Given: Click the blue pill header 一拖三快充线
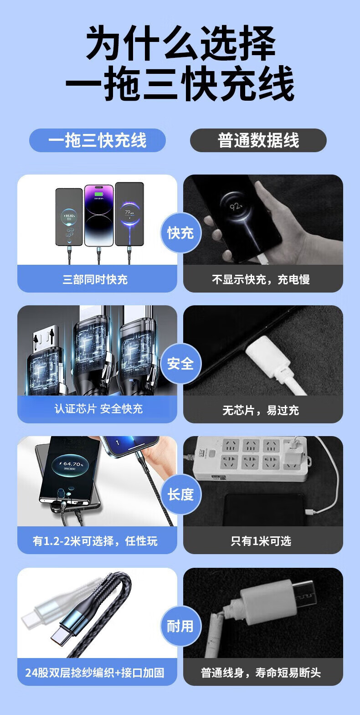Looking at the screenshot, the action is [x=98, y=140].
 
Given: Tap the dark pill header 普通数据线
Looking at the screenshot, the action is [x=258, y=140].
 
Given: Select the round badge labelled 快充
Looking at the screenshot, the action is [x=180, y=233].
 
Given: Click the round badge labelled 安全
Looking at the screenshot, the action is [x=180, y=364].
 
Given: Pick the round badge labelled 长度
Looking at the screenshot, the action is [x=180, y=494].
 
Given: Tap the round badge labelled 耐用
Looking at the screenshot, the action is [x=180, y=626].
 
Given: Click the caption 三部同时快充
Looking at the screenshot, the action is [x=95, y=280].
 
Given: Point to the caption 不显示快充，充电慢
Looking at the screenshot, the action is [x=261, y=280].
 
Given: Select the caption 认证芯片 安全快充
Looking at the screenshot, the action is [x=98, y=409].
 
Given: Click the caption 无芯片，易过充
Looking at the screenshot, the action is [x=261, y=410].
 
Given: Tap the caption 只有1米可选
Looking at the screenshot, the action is [x=261, y=541].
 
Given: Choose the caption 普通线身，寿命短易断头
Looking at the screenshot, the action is [x=261, y=673].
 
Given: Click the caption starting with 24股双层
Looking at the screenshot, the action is [x=95, y=673].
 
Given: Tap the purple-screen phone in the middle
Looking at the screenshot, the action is [x=99, y=216].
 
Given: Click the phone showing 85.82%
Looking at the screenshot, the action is [x=69, y=217].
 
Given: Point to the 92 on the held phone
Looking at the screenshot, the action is [x=236, y=207].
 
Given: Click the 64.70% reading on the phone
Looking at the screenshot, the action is [x=73, y=464].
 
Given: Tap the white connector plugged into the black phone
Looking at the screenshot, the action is [x=273, y=361].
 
